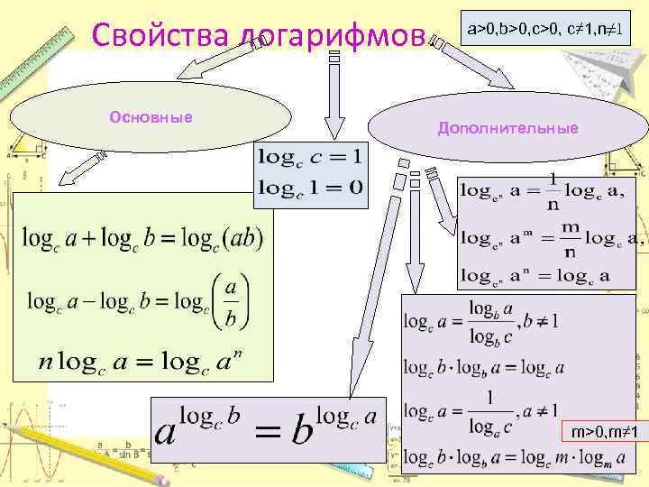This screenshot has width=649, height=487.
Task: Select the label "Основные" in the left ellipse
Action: coord(151,116)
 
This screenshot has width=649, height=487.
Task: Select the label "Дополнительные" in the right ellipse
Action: coord(507,128)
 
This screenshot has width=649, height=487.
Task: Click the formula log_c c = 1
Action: coord(310,157)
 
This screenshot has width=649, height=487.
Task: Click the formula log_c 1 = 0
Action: coord(310,187)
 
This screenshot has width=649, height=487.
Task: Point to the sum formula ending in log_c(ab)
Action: coord(143,238)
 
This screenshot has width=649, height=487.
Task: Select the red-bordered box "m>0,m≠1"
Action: coord(605,434)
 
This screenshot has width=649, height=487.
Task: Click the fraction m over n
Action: coord(571,238)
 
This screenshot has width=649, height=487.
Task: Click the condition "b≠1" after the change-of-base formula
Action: coord(544,320)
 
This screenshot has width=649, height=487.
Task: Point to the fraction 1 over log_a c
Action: coord(489,411)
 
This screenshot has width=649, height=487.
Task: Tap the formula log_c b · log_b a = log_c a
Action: coord(484,367)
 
